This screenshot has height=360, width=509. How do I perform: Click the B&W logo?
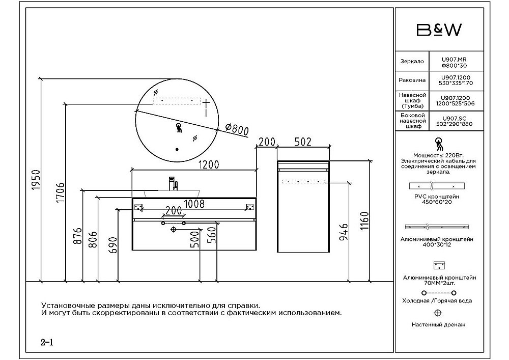click(x=439, y=31)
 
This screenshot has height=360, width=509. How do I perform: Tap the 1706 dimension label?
click(x=60, y=192)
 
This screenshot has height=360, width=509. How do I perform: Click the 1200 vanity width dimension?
click(x=209, y=164)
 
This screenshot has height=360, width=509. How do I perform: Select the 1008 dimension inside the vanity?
click(x=194, y=204)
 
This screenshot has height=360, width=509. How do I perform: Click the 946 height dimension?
click(x=343, y=233)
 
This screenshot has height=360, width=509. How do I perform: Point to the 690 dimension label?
click(x=113, y=245)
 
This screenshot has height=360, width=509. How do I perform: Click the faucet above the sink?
click(x=172, y=183)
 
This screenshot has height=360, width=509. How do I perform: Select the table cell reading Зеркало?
click(x=411, y=62)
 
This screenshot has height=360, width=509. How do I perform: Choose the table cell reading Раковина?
click(x=411, y=80)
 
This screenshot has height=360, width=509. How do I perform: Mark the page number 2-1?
click(x=47, y=342)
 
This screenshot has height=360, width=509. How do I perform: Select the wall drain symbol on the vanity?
click(x=173, y=230)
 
